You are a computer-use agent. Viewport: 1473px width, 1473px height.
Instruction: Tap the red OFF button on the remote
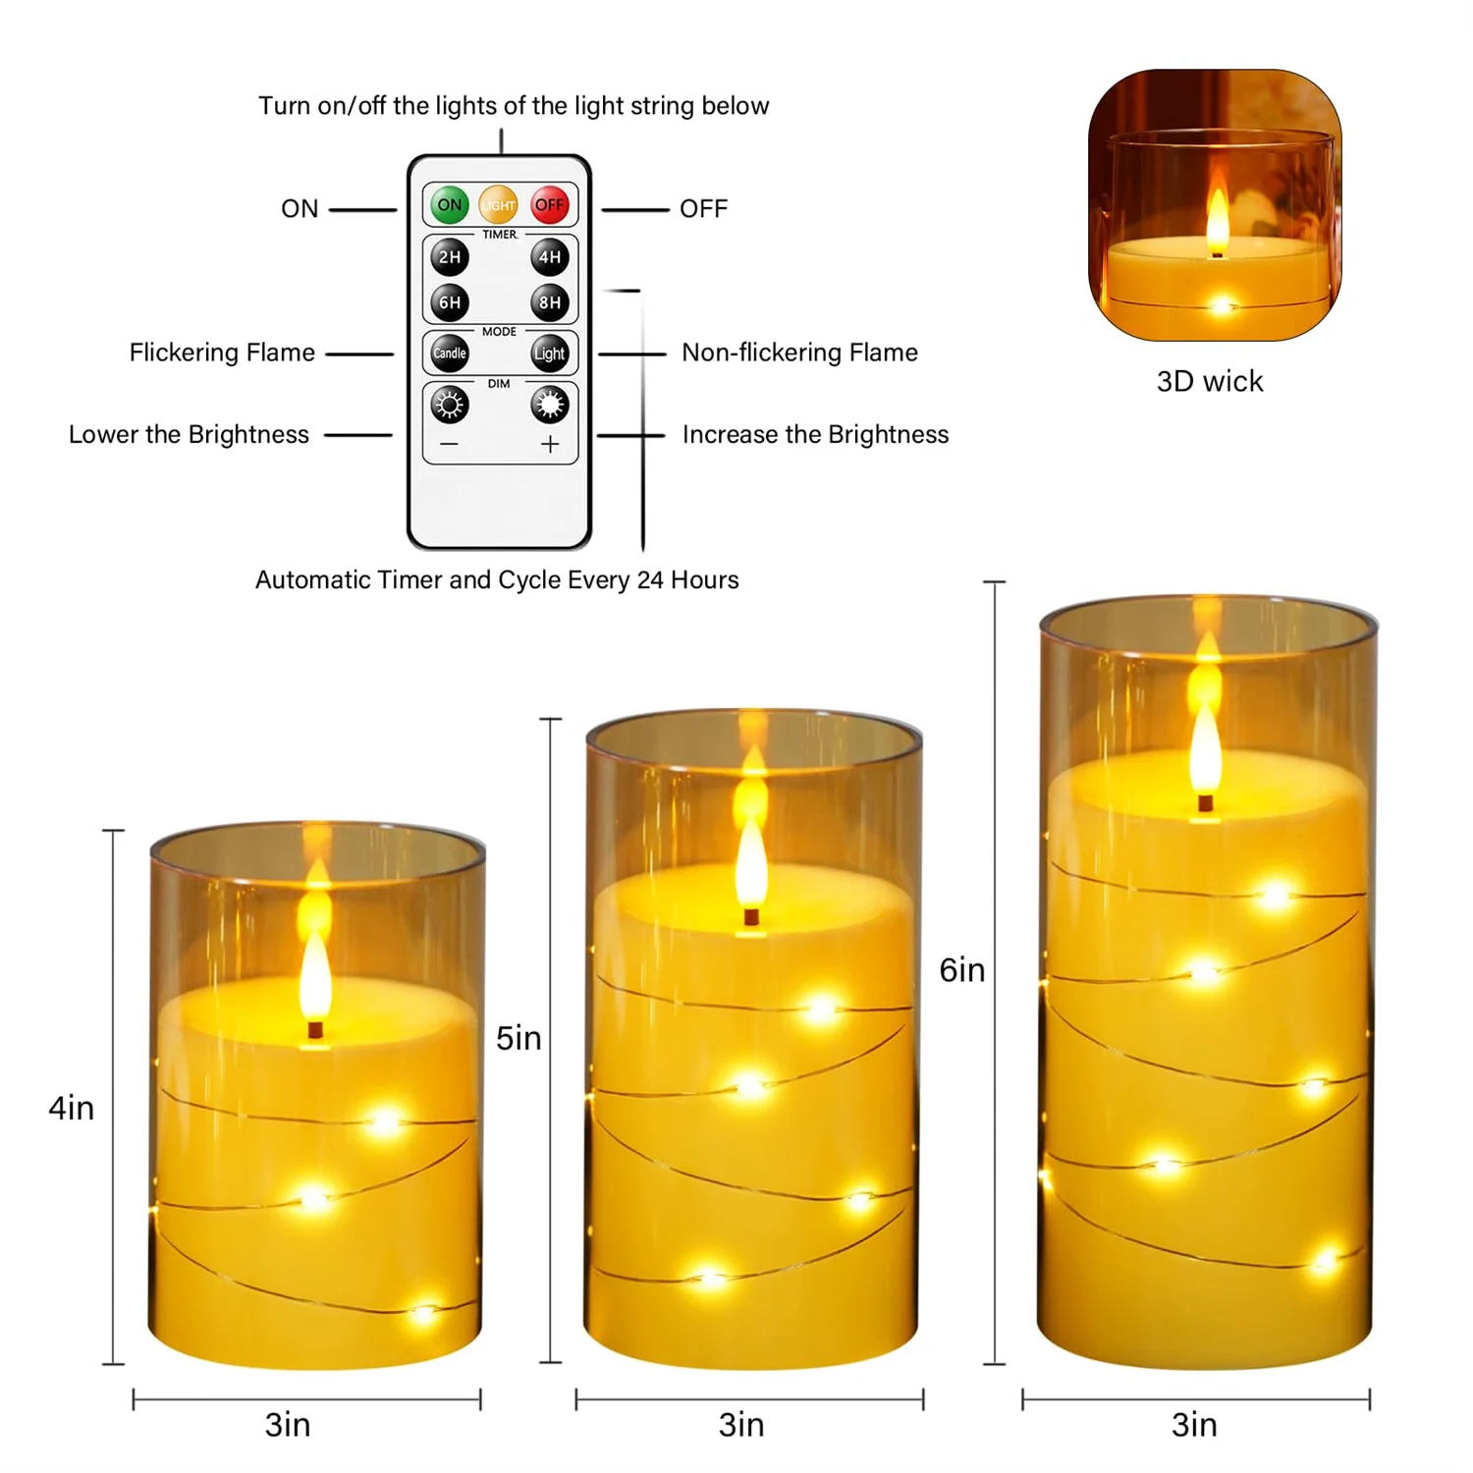click(x=550, y=205)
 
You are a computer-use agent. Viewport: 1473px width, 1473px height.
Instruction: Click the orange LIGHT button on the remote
click(x=498, y=205)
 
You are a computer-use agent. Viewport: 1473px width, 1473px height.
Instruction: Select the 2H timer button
click(x=450, y=257)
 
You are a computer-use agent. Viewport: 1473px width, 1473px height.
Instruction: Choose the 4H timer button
click(x=550, y=257)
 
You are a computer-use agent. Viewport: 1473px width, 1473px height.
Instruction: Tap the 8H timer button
click(x=550, y=302)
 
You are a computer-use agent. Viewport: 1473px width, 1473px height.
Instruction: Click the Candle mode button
click(x=450, y=354)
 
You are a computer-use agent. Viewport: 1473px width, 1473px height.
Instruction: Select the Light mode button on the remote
click(x=550, y=354)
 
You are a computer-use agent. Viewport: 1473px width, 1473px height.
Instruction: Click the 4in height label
click(x=72, y=1108)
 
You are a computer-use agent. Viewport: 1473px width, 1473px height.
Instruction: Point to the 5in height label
click(x=518, y=1038)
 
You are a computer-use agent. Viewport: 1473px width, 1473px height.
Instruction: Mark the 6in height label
click(x=962, y=970)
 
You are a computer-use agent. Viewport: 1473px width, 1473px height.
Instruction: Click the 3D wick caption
click(x=1210, y=381)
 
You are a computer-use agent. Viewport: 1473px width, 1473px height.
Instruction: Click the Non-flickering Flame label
click(x=799, y=353)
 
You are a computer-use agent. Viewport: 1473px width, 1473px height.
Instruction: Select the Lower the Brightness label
click(x=189, y=435)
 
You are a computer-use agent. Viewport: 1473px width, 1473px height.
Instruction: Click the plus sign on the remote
click(x=550, y=445)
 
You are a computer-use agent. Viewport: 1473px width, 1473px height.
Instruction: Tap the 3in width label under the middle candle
click(x=741, y=1425)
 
